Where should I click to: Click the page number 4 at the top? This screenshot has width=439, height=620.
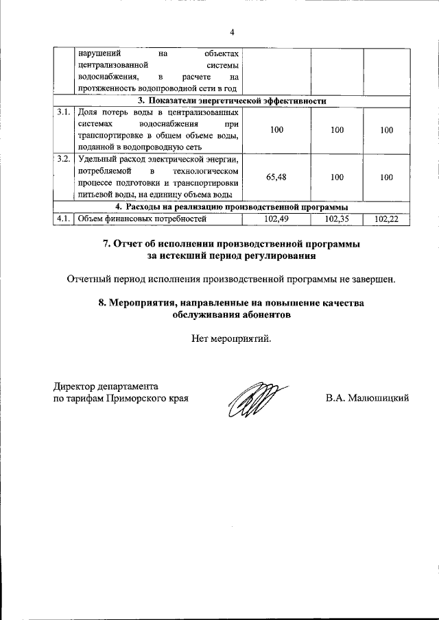pyautogui.click(x=232, y=32)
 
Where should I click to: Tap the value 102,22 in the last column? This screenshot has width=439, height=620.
pyautogui.click(x=387, y=219)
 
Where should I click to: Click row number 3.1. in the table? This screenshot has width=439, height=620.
pyautogui.click(x=64, y=112)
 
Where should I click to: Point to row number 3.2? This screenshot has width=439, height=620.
pyautogui.click(x=64, y=159)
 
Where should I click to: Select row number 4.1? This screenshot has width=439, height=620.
pyautogui.click(x=64, y=219)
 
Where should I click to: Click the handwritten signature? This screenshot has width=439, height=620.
pyautogui.click(x=252, y=399)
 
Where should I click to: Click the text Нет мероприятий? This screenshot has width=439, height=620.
pyautogui.click(x=232, y=338)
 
